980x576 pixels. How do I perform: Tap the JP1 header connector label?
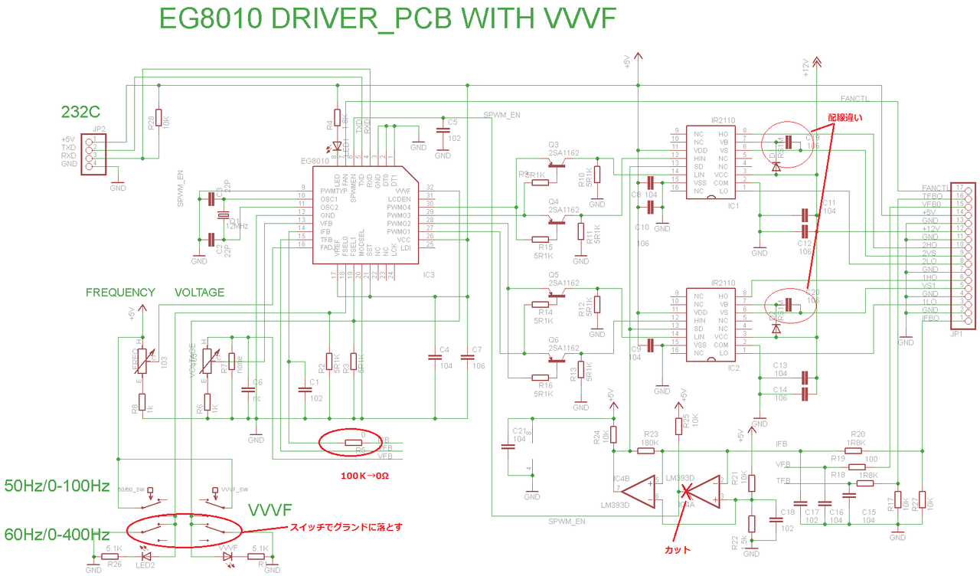pos(955,335)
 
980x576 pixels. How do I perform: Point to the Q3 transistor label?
pos(554,144)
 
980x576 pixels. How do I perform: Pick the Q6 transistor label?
pos(554,339)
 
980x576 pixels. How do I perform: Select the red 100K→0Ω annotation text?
pos(364,475)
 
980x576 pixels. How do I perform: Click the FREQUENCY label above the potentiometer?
pos(120,293)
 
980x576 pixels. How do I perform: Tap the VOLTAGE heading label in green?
pos(200,293)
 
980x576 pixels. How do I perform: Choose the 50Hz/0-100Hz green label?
pos(57,486)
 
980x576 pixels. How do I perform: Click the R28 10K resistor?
pos(158,118)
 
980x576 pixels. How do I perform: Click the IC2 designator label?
pos(733,368)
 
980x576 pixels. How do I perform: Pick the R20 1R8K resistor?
pos(856,451)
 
